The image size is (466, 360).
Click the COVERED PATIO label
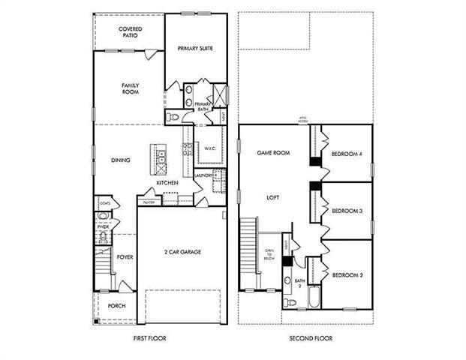[x=131, y=32]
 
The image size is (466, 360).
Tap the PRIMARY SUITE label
[x=195, y=48]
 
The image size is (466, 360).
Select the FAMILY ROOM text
[x=131, y=89]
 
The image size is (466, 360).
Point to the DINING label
[x=121, y=160]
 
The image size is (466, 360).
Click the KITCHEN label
[x=167, y=183]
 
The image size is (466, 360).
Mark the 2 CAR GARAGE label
[x=182, y=252]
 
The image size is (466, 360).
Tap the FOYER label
[x=125, y=256]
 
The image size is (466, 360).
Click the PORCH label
[x=116, y=306]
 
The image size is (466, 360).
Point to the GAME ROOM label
[x=273, y=152]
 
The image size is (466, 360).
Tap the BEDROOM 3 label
[x=347, y=211]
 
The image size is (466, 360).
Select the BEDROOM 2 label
[x=347, y=275]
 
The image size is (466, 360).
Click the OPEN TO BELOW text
[x=269, y=254]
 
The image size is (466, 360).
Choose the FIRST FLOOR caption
[x=151, y=339]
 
